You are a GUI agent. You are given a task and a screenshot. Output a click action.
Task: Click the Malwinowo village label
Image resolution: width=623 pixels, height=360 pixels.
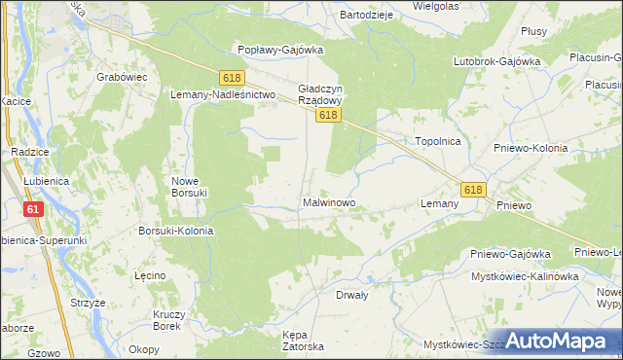coord(328,204)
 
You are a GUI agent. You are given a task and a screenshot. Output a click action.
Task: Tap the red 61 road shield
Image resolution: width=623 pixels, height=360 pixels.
coord(34,209)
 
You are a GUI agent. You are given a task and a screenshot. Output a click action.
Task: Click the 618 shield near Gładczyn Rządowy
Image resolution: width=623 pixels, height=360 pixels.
coord(328,115)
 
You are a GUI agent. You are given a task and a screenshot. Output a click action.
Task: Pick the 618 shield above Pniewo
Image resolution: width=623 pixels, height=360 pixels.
coord(473,190)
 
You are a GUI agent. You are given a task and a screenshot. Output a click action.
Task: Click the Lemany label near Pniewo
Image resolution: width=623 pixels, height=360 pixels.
coord(439,204)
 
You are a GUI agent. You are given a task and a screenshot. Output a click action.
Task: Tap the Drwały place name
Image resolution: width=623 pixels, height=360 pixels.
coord(354,294)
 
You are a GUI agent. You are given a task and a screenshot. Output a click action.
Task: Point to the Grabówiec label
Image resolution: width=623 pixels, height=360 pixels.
coord(122,74)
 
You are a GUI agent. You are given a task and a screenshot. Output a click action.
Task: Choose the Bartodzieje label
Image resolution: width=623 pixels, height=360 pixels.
coord(365,16)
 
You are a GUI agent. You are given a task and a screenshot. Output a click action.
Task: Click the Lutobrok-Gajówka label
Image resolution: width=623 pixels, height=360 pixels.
coord(496,61)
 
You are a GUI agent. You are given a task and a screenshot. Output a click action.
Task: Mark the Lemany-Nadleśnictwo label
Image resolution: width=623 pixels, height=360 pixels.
coord(224,94)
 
